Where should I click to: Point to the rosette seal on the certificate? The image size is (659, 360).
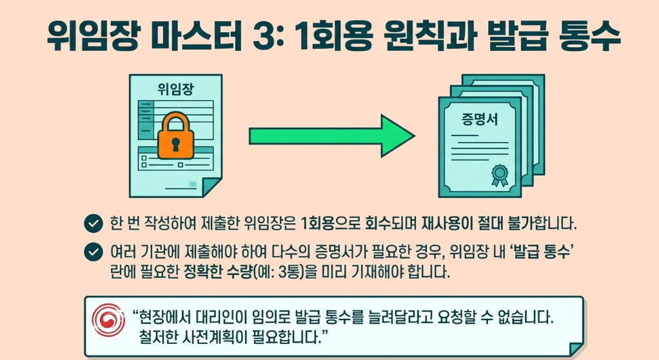pos(500,174)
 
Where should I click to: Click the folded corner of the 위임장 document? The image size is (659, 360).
pos(212,187)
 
